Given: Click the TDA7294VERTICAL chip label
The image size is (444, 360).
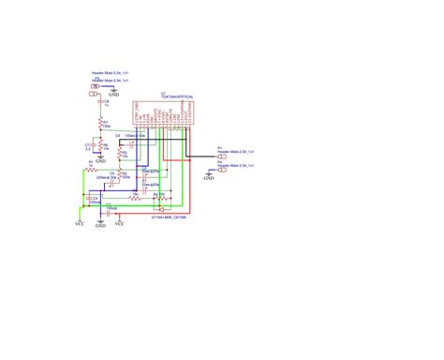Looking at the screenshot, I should click(178, 97).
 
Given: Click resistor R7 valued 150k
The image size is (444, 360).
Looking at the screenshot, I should click(102, 125).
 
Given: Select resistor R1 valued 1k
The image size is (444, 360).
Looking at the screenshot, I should click(91, 169).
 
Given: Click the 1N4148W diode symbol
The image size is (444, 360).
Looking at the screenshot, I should click(160, 208).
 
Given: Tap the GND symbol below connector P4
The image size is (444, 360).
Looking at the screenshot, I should click(209, 176).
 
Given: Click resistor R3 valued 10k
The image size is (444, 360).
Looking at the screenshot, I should click(124, 157).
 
